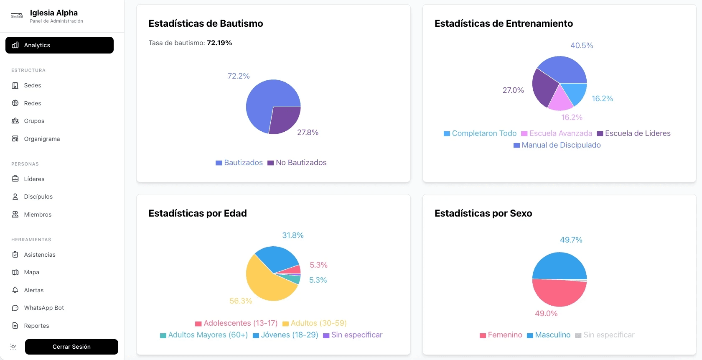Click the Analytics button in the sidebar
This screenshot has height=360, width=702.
pyautogui.click(x=59, y=45)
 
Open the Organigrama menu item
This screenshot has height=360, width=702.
pyautogui.click(x=42, y=139)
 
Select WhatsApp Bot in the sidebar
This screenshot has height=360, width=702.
pyautogui.click(x=44, y=308)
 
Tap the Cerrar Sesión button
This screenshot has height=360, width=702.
pyautogui.click(x=71, y=347)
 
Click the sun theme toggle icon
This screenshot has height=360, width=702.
pyautogui.click(x=13, y=347)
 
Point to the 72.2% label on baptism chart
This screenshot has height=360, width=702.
pyautogui.click(x=238, y=76)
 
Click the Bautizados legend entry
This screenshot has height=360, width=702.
pyautogui.click(x=239, y=163)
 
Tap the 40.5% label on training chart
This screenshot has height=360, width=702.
pyautogui.click(x=582, y=46)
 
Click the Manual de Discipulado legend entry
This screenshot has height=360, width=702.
pyautogui.click(x=557, y=145)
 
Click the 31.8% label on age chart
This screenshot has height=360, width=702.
pyautogui.click(x=292, y=235)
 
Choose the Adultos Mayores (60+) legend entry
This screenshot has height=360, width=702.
pyautogui.click(x=204, y=335)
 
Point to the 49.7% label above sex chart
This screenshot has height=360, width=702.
pyautogui.click(x=571, y=240)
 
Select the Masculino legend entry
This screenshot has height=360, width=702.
pyautogui.click(x=549, y=335)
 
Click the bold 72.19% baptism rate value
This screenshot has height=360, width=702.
pyautogui.click(x=219, y=43)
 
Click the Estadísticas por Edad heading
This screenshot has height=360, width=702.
pyautogui.click(x=198, y=213)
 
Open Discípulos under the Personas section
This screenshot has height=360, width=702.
pyautogui.click(x=38, y=197)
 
